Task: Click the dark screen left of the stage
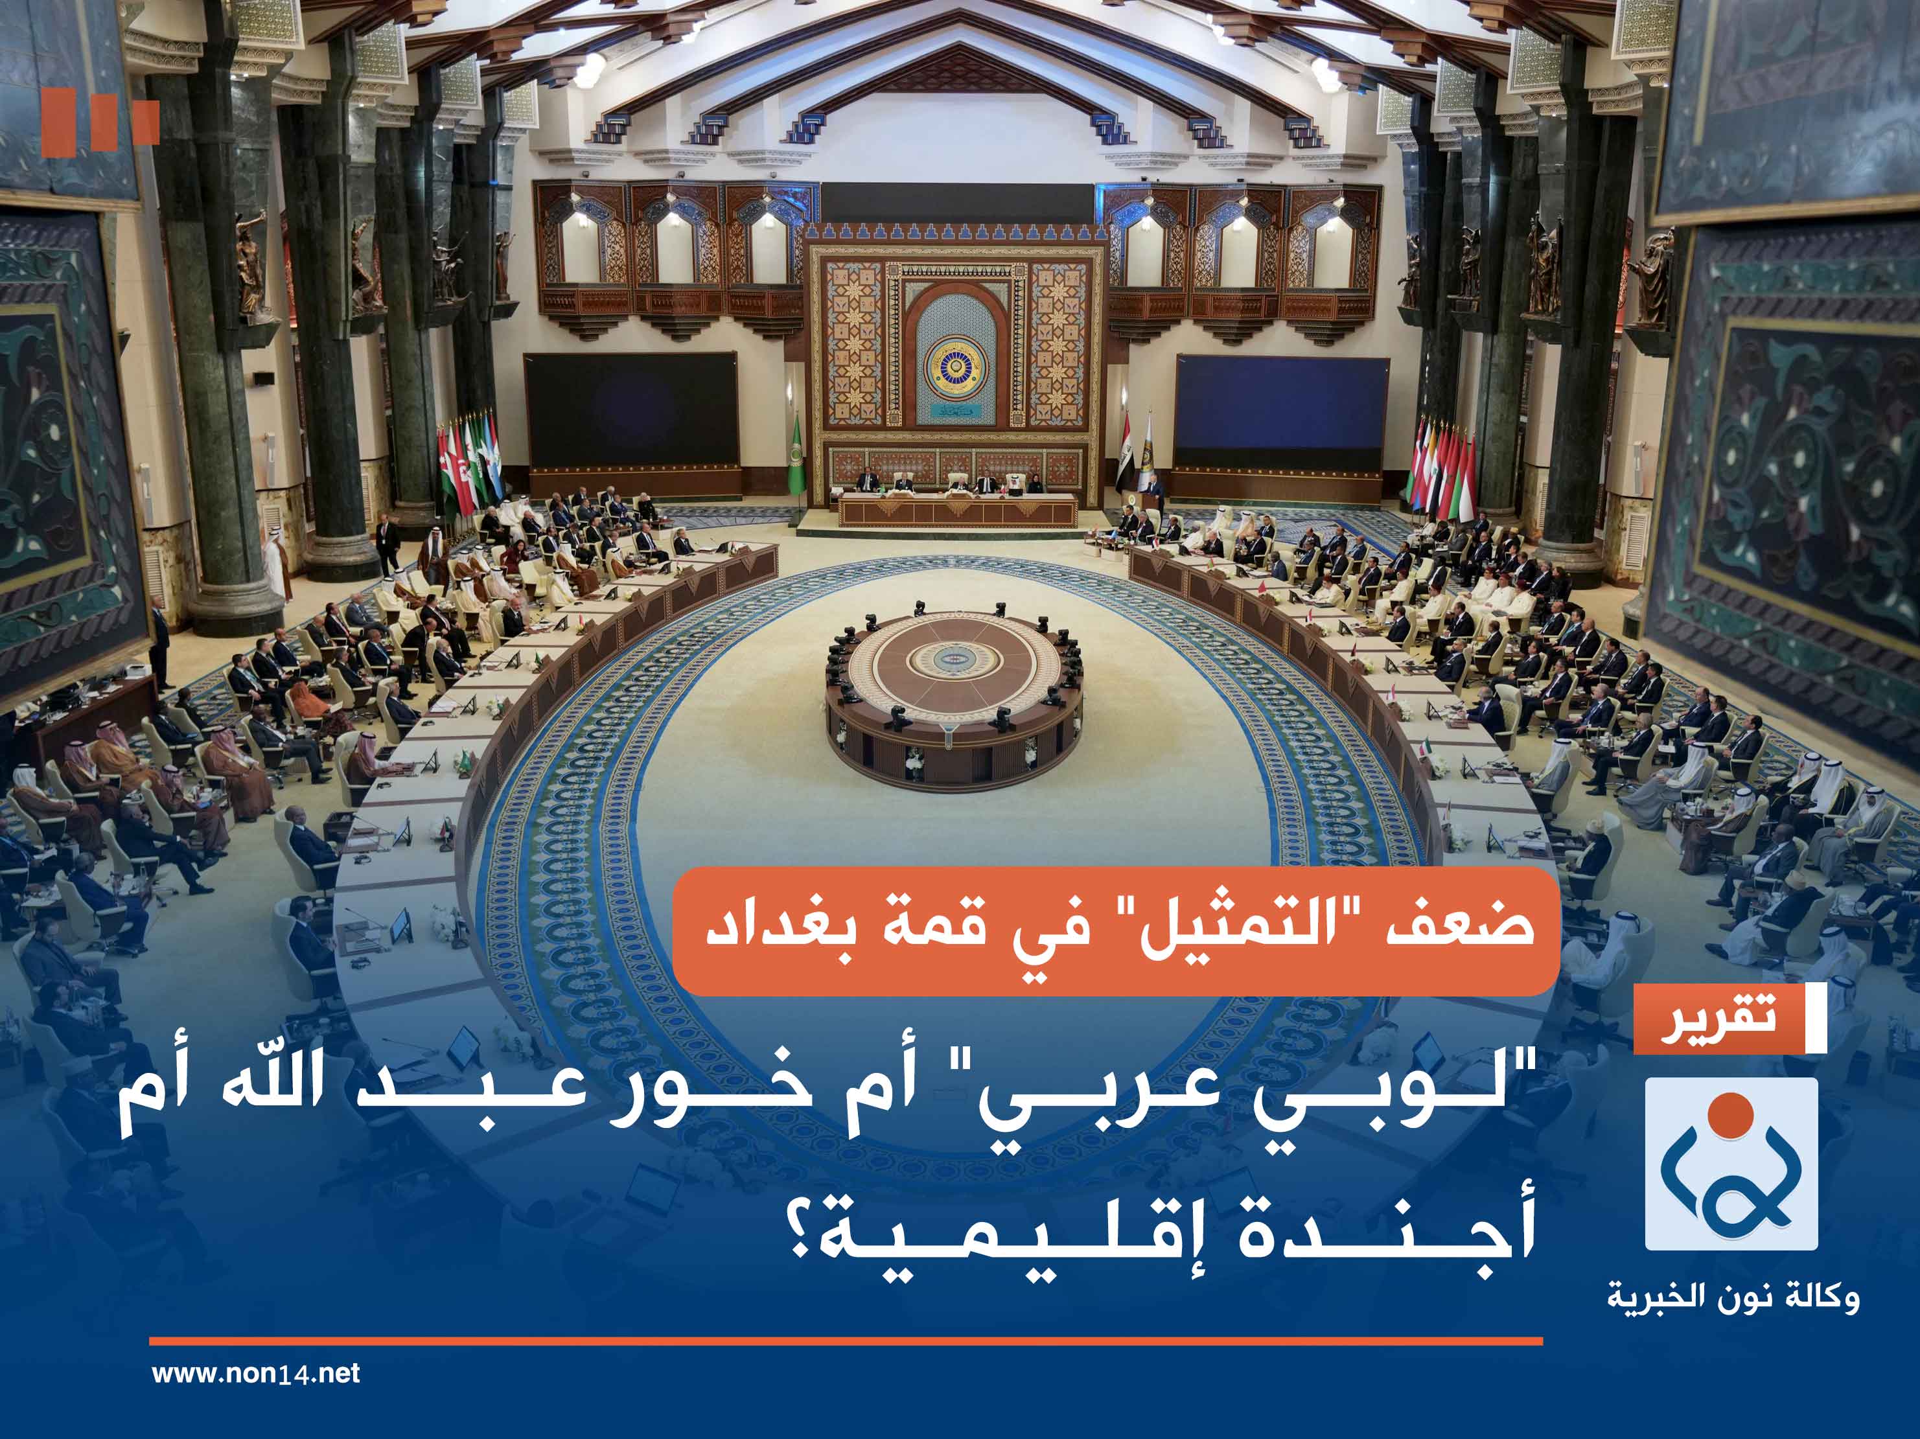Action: (x=631, y=409)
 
